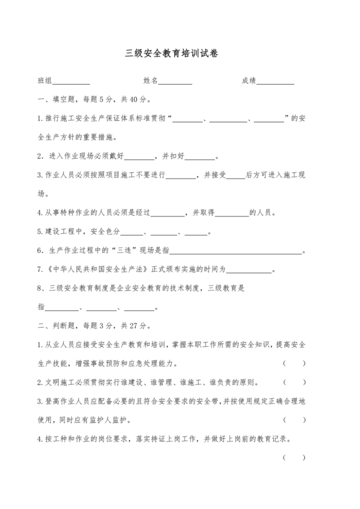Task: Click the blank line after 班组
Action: [x=71, y=82]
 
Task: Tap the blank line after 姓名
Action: [x=175, y=82]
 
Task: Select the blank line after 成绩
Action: [x=276, y=82]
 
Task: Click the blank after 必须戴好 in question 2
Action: [x=138, y=156]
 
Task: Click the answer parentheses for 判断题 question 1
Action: [x=294, y=364]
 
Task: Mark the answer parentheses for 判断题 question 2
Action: [x=294, y=382]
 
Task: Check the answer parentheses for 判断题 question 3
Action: [x=294, y=420]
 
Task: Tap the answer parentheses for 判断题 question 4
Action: [x=294, y=458]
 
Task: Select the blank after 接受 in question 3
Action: [x=237, y=175]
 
